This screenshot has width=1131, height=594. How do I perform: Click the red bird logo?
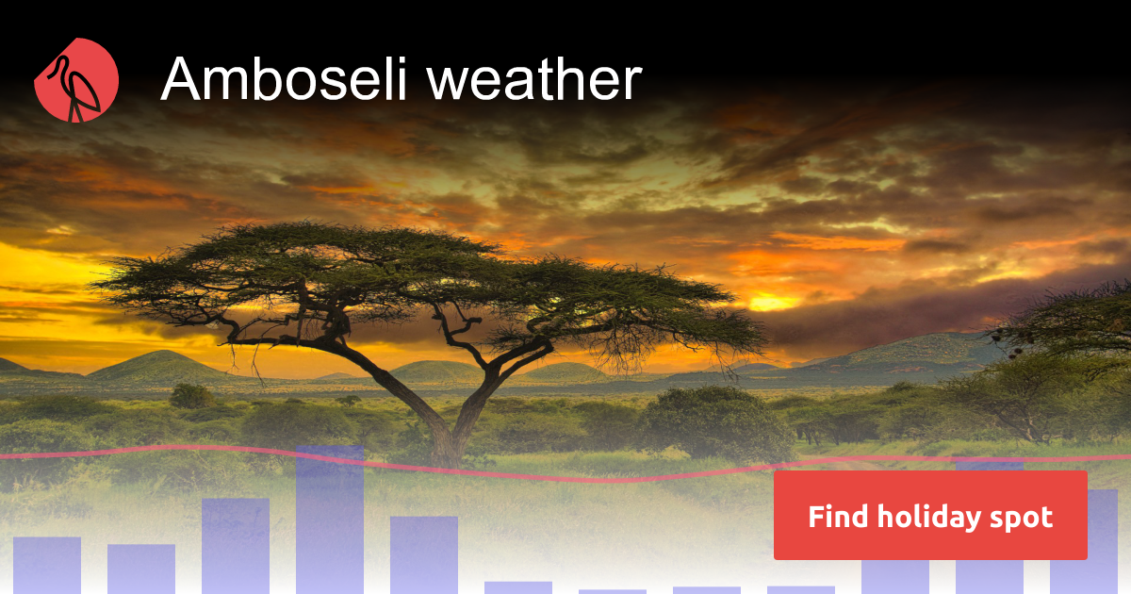click(x=76, y=80)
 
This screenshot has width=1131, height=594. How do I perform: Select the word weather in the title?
click(x=534, y=80)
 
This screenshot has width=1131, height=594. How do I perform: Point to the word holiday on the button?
click(x=930, y=517)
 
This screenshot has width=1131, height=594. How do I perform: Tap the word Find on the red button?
click(x=837, y=517)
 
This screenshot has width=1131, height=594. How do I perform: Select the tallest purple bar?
click(x=330, y=519)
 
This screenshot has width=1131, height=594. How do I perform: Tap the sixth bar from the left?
click(x=518, y=586)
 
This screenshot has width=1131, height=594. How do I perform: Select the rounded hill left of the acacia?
click(x=156, y=365)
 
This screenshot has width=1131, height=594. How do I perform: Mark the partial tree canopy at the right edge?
click(x=1074, y=321)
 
